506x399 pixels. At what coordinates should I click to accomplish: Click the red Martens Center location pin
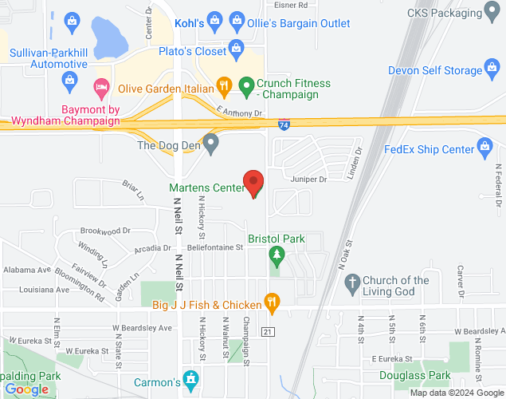point(253,183)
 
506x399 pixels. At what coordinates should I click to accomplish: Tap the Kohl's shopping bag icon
point(214,19)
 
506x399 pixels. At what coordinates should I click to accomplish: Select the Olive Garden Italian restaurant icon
point(225,85)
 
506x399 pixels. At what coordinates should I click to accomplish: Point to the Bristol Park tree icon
point(277,255)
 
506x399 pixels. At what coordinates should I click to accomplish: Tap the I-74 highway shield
point(284,124)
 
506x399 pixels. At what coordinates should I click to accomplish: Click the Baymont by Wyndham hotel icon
point(102,85)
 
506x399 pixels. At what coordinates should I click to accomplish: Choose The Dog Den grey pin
point(210,144)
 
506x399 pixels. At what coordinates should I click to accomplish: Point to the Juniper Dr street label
point(308,180)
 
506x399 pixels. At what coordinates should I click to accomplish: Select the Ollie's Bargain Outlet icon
point(237,19)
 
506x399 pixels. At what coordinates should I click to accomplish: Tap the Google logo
point(26,389)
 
